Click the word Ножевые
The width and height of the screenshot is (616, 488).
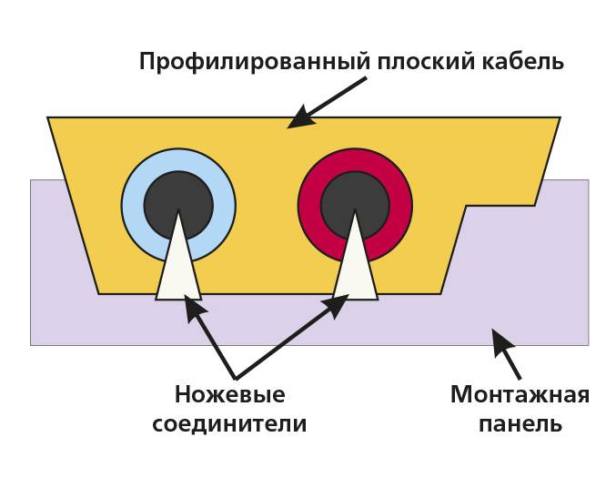point(229,395)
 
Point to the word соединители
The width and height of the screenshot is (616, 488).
point(229,424)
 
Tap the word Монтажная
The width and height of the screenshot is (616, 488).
point(520,395)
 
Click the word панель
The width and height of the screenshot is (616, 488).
point(520,424)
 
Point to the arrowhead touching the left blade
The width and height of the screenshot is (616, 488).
point(194,308)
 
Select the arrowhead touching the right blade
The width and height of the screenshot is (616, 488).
point(335,304)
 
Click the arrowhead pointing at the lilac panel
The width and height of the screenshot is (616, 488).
point(500,341)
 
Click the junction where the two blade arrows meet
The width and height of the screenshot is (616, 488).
point(236,378)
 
